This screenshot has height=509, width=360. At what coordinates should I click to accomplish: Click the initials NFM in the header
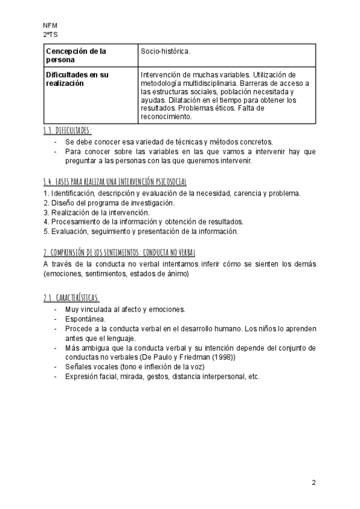coord(50,26)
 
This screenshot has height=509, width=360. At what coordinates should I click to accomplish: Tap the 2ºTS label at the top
coord(50,35)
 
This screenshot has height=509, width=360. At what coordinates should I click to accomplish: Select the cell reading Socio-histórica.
coord(165,52)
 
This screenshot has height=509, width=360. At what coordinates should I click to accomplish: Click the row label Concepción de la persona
coord(76,56)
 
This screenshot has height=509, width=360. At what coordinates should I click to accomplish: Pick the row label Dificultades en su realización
coord(77,79)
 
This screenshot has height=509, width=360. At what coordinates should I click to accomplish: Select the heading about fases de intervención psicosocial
coord(115,181)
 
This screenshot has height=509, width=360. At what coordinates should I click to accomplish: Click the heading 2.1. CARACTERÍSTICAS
coord(71,298)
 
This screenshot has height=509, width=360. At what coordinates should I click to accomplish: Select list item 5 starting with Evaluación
coord(141,231)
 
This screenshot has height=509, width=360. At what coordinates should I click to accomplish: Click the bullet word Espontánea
coord(85,319)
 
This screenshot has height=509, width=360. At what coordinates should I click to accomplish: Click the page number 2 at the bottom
coord(313,483)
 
